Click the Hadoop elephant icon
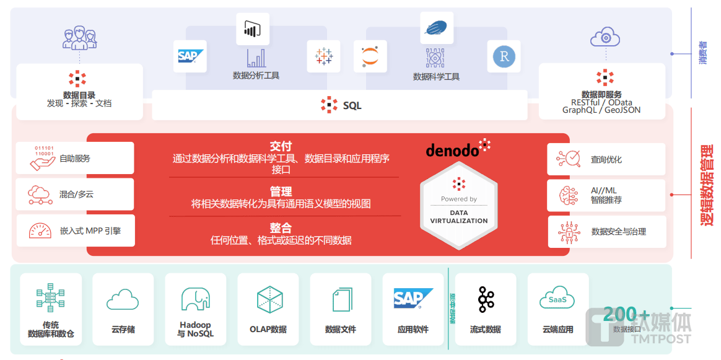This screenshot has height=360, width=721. pos(195,299)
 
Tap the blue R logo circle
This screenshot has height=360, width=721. pos(503,57)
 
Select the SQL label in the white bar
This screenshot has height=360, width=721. pos(352,105)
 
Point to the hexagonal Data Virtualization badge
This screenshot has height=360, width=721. pos(459,204)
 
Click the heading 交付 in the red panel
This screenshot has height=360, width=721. pos(281,146)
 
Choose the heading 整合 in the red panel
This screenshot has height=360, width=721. pos(281,227)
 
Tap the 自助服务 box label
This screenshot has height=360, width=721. pos(75,159)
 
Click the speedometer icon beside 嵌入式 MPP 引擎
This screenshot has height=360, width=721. pos(40,230)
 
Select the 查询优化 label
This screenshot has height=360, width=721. pos(606,159)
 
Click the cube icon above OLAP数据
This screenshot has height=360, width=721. pos(269,299)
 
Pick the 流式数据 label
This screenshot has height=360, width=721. pos(485,330)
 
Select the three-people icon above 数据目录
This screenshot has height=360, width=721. pos(79,38)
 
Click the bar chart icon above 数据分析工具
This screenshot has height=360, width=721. pos(256,58)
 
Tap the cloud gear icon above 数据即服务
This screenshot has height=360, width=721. pos(605,37)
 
